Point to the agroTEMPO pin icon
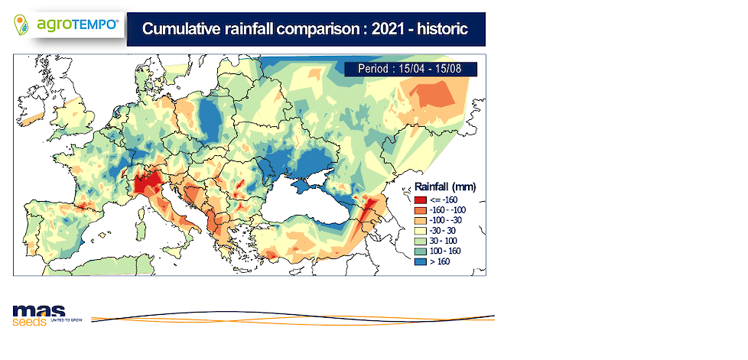click(x=21, y=24)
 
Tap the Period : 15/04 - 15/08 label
click(x=410, y=69)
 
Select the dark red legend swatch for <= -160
click(x=421, y=200)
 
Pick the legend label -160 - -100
click(x=448, y=210)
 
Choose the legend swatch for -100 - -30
click(x=421, y=220)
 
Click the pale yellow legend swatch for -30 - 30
click(x=421, y=231)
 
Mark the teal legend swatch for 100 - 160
click(x=421, y=251)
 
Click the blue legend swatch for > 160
click(x=421, y=261)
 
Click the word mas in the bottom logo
click(x=39, y=311)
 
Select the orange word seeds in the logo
click(x=30, y=322)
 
